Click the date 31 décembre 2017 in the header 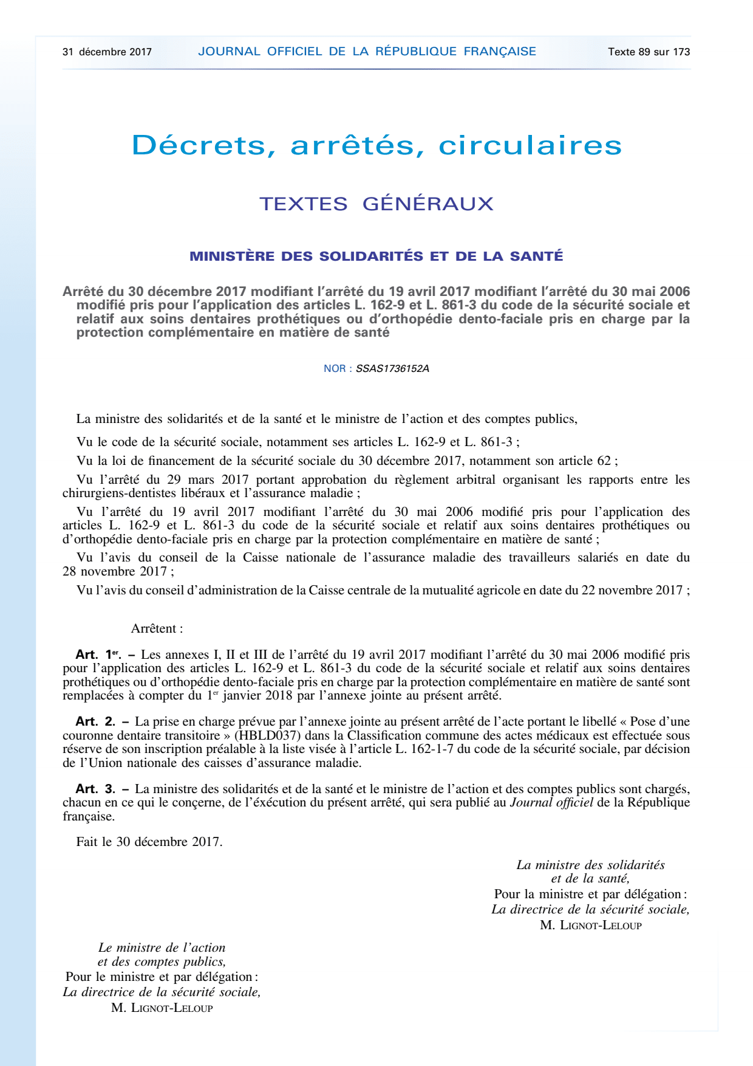pos(107,52)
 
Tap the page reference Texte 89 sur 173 pos(649,52)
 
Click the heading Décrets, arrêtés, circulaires pos(376,145)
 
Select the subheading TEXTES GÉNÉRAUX pos(376,204)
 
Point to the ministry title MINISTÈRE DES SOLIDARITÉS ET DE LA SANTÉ pos(376,256)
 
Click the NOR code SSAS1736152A pos(392,368)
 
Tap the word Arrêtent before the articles pos(157,628)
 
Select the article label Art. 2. pos(95,721)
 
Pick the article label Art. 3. pos(95,789)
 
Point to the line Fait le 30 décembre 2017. pos(149,842)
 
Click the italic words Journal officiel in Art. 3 pos(551,802)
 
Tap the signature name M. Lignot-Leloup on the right pos(590,925)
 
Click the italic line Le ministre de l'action pos(162,947)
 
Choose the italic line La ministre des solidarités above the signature pos(590,865)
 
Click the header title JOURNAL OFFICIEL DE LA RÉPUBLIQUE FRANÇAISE pos(367,52)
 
